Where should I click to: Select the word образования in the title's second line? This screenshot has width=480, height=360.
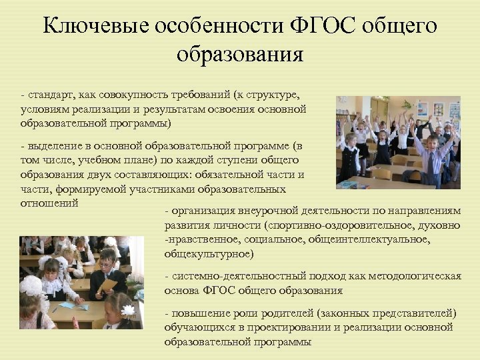coord(240,54)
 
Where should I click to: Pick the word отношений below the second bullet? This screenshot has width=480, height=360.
coord(50,202)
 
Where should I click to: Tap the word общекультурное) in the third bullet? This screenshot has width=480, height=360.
coord(209,254)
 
